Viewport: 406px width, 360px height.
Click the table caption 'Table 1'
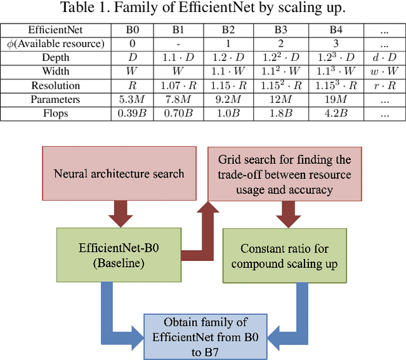(203, 9)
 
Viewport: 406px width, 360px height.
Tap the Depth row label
(56, 58)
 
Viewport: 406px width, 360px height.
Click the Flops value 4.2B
(335, 114)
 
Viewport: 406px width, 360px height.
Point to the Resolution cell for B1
(174, 86)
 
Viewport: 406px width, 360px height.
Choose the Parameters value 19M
(335, 100)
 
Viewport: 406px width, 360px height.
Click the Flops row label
(56, 114)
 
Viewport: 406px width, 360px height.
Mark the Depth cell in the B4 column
(335, 58)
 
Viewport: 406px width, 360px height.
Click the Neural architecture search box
(121, 173)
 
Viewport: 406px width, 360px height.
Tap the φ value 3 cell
(335, 44)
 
